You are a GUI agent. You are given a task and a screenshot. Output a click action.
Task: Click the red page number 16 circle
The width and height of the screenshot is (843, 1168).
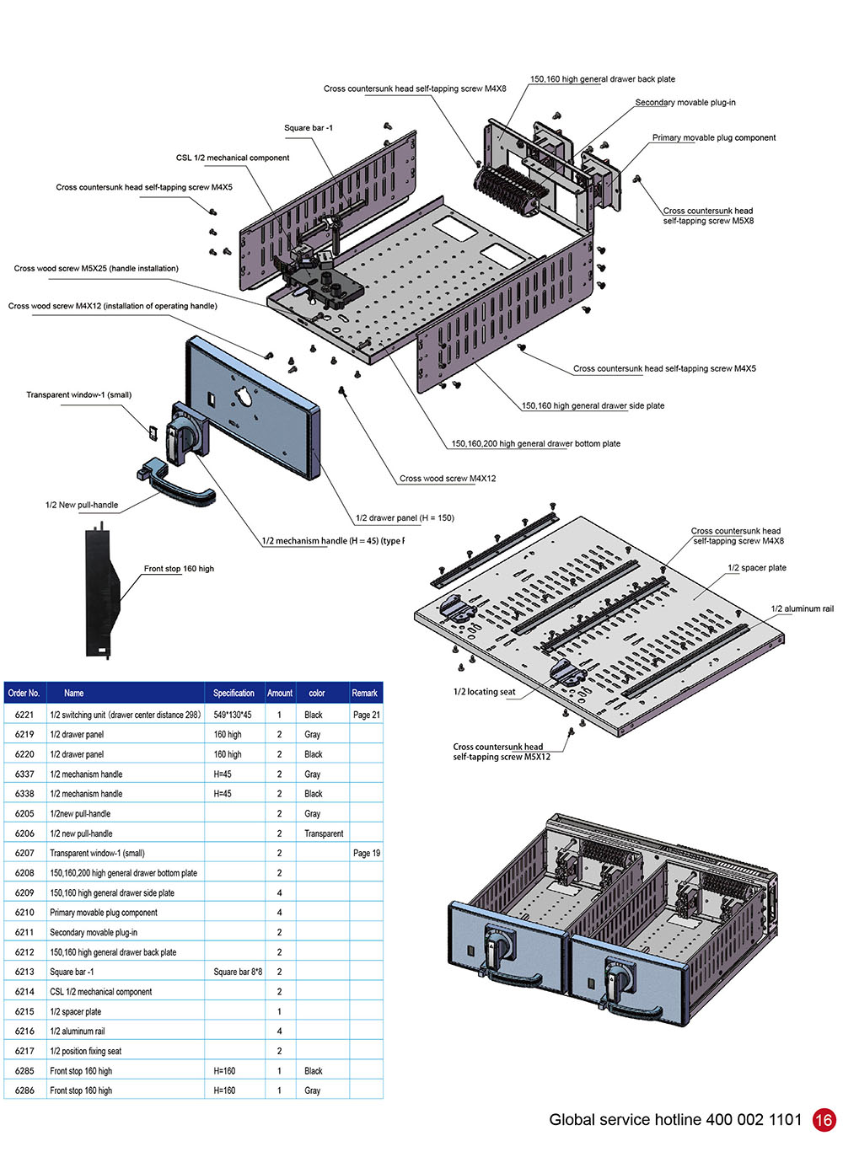pyautogui.click(x=824, y=1119)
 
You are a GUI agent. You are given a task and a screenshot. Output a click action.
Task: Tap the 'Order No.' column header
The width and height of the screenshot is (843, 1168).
pyautogui.click(x=24, y=693)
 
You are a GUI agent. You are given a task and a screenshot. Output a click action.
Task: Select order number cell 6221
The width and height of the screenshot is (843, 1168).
pyautogui.click(x=24, y=715)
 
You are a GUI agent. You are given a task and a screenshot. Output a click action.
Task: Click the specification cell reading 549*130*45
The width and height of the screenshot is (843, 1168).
pyautogui.click(x=232, y=715)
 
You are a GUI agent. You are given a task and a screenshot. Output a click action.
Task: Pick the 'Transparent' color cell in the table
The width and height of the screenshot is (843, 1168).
pyautogui.click(x=324, y=833)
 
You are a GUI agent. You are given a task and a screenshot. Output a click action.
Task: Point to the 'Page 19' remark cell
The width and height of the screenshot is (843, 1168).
pyautogui.click(x=366, y=853)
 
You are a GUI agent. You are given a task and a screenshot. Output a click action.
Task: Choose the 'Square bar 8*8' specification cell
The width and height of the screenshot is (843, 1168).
pyautogui.click(x=238, y=972)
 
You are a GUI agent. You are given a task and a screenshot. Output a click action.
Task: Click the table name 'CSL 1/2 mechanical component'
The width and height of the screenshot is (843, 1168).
pyautogui.click(x=101, y=992)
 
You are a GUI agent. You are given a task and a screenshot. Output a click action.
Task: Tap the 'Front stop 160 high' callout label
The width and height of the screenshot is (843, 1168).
pyautogui.click(x=179, y=569)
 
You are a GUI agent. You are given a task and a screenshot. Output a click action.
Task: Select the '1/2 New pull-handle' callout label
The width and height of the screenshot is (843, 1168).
pyautogui.click(x=82, y=506)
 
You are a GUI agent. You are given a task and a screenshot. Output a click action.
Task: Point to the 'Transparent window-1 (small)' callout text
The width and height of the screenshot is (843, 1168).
pyautogui.click(x=78, y=395)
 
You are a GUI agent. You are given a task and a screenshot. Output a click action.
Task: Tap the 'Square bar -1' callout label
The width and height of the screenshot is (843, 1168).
pyautogui.click(x=308, y=128)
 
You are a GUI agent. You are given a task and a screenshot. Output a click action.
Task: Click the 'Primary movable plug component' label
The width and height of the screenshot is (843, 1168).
pyautogui.click(x=713, y=138)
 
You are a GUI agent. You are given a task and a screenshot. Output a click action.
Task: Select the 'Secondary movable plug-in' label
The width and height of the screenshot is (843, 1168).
pyautogui.click(x=685, y=103)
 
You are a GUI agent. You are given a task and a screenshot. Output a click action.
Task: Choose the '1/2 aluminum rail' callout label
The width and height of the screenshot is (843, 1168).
pyautogui.click(x=802, y=609)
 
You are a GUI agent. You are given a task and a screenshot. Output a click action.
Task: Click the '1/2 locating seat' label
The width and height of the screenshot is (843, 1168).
pyautogui.click(x=484, y=692)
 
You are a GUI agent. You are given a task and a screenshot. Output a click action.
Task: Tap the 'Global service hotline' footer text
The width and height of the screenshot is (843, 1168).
pyautogui.click(x=674, y=1120)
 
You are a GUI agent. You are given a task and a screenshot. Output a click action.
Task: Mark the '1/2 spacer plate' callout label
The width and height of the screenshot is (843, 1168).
pyautogui.click(x=756, y=568)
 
